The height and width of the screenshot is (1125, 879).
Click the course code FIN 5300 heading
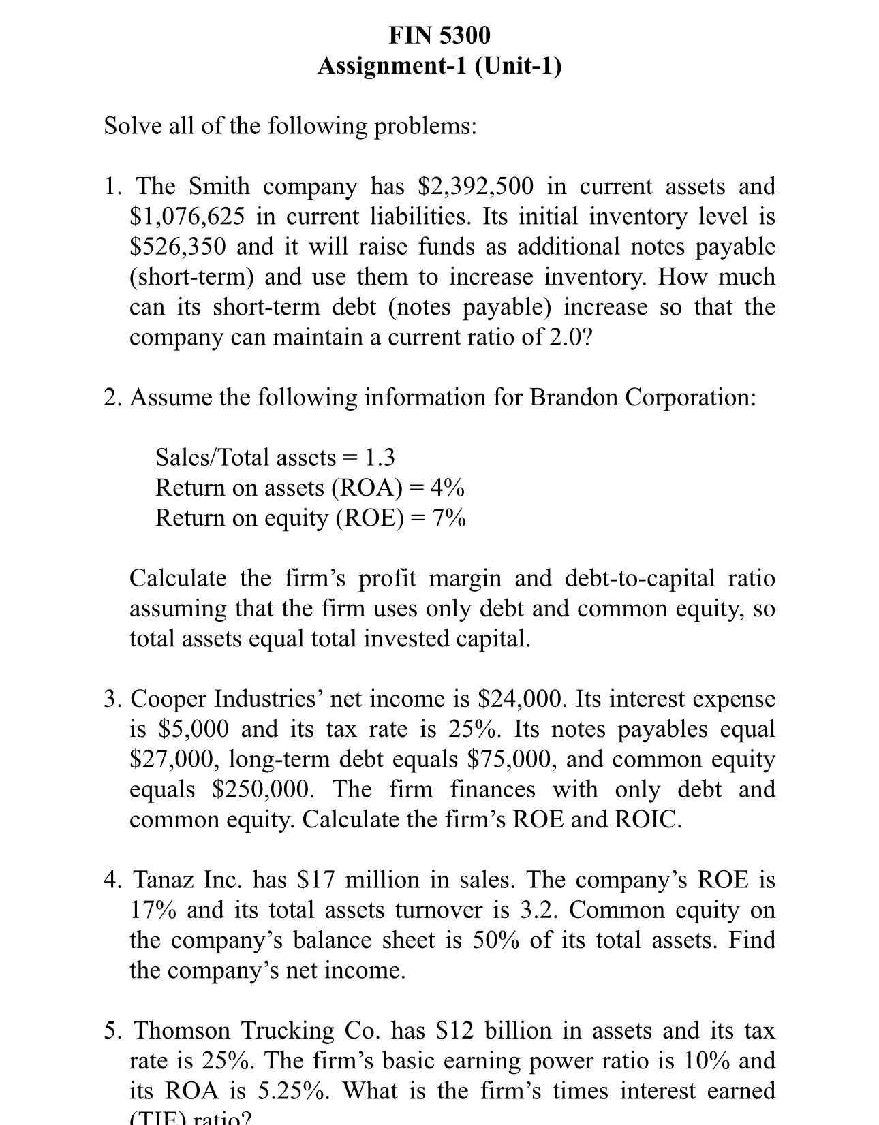[439, 35]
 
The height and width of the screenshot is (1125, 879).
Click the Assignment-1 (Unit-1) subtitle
[439, 66]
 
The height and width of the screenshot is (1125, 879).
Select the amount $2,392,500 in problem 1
[476, 186]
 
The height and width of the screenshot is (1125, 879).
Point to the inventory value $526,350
[177, 247]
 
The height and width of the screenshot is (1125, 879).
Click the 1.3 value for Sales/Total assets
[380, 457]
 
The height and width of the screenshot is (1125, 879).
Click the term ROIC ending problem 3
[647, 819]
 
